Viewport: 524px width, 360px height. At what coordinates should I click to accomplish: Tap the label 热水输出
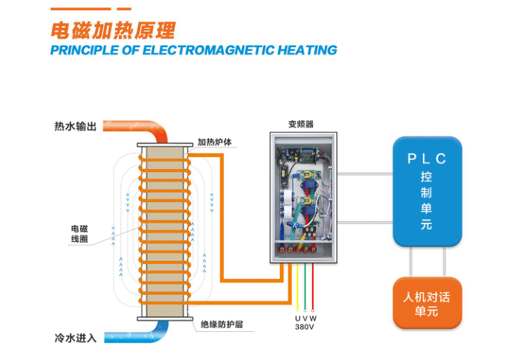point(75,126)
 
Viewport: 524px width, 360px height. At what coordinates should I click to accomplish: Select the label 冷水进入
point(75,338)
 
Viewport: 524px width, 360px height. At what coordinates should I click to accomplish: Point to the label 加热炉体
point(217,142)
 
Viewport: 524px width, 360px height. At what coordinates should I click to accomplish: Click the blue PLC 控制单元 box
point(427,190)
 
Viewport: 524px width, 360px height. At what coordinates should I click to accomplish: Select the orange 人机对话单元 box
point(427,303)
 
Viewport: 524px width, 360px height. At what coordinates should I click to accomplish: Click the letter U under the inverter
point(298,319)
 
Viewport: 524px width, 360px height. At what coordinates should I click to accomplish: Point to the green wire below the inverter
point(305,288)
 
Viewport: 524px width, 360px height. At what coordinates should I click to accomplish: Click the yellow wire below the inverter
point(297,288)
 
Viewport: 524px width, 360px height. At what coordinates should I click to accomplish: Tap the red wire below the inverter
point(312,288)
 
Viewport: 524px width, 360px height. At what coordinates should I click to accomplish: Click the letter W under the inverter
point(313,319)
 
